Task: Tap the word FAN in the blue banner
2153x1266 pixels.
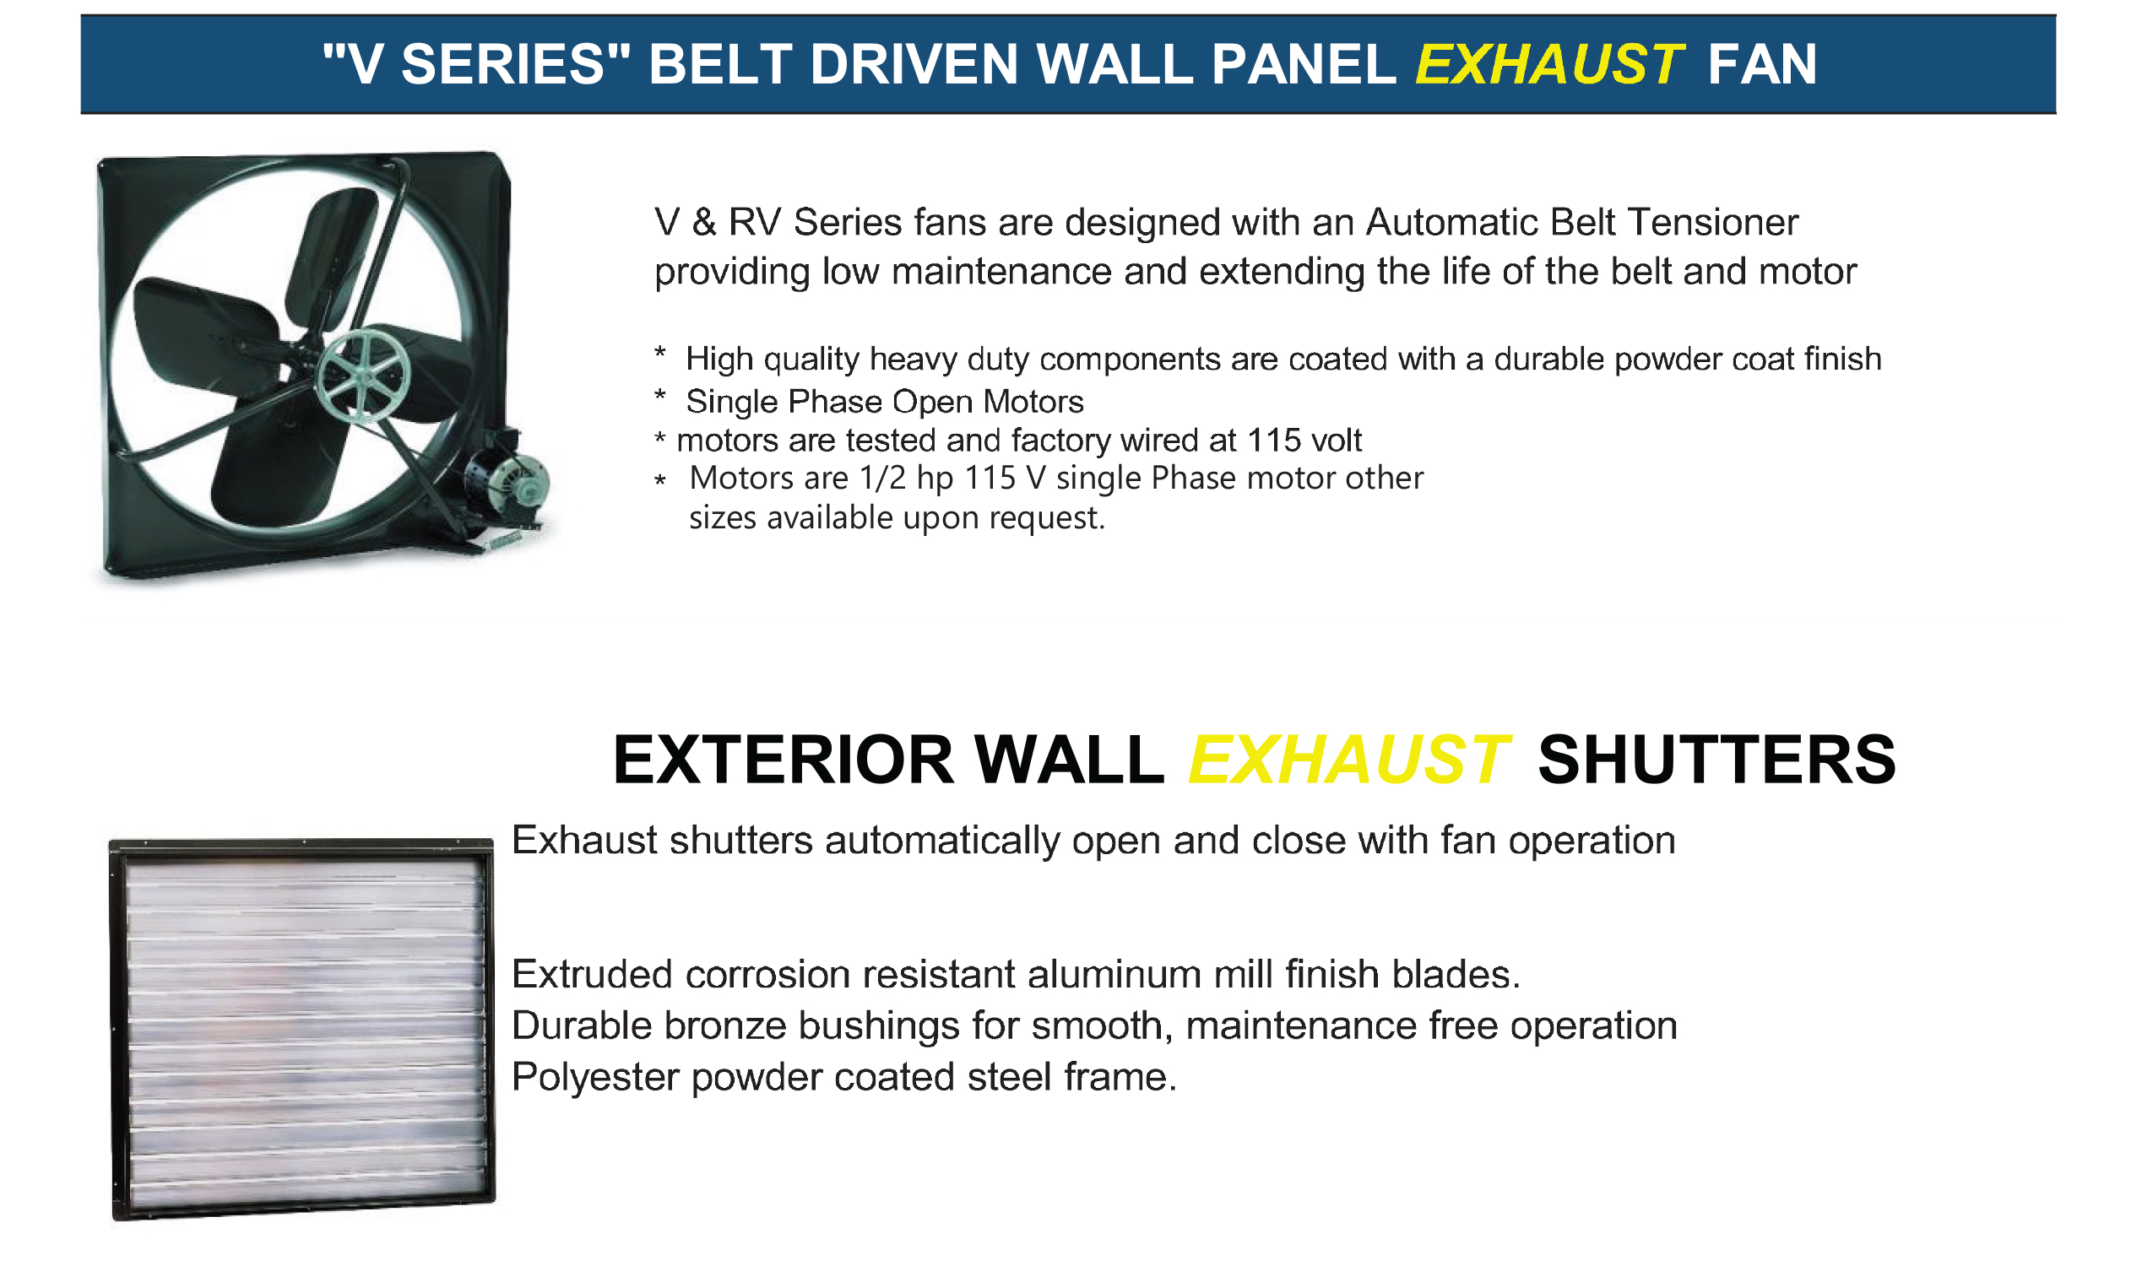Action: point(1763,65)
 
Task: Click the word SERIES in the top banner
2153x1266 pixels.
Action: point(503,65)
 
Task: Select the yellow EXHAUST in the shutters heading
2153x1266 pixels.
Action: point(1349,760)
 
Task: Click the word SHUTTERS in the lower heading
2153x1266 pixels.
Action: point(1717,760)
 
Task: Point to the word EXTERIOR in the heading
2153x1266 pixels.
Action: point(784,760)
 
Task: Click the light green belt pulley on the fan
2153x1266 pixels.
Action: point(363,376)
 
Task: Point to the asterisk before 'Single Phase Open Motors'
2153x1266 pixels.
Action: point(659,397)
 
